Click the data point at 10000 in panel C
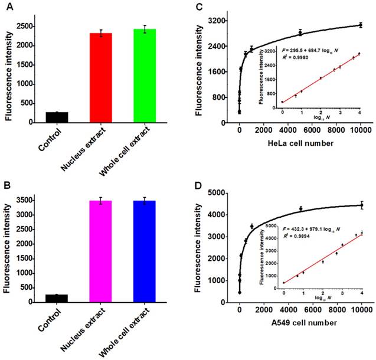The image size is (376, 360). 360,25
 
